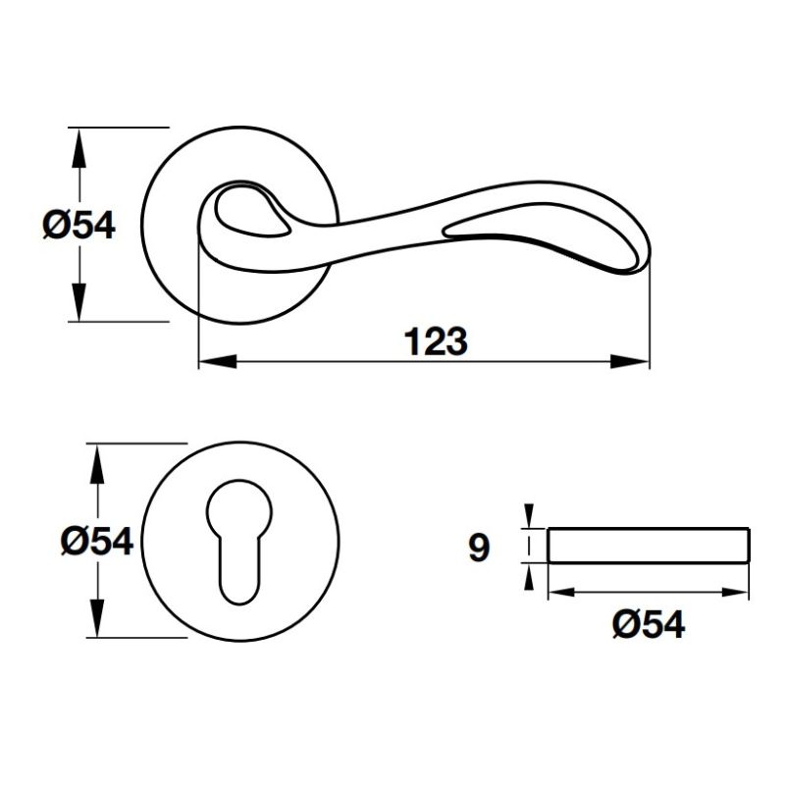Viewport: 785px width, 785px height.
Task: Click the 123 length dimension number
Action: point(435,342)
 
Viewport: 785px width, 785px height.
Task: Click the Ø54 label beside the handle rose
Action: point(78,226)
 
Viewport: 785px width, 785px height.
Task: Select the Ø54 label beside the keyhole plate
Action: point(95,541)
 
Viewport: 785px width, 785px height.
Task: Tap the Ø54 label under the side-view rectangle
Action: point(647,624)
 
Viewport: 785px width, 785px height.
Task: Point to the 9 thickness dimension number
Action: point(478,548)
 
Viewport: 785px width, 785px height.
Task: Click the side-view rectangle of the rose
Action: point(648,546)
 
